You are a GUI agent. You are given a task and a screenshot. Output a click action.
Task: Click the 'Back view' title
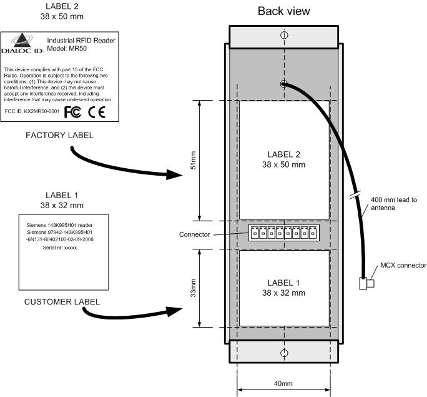click(284, 11)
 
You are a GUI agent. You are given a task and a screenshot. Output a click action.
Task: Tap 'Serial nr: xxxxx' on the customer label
click(60, 248)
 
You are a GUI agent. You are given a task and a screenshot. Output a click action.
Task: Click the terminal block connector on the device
click(284, 233)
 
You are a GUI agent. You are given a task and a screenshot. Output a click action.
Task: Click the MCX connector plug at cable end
click(366, 283)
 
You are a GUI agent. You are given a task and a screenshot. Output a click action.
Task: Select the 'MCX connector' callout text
click(403, 265)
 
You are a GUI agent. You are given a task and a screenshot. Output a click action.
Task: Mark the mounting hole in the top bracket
click(284, 36)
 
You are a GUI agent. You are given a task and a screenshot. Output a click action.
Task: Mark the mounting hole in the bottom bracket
click(284, 353)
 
